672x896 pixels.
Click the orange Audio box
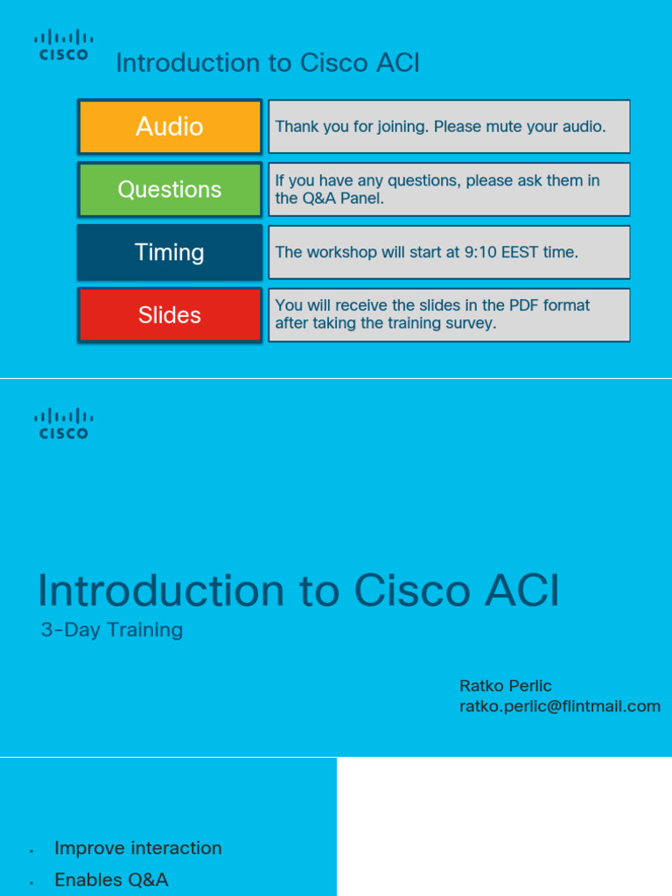[170, 127]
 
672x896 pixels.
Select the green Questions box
[170, 190]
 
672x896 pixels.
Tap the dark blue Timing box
[170, 253]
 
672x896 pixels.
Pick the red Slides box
[170, 315]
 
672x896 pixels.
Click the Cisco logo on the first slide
[64, 45]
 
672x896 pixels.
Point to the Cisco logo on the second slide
[64, 423]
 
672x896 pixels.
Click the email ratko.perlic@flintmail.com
[560, 706]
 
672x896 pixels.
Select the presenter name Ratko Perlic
[506, 685]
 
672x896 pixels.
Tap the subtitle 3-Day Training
[112, 630]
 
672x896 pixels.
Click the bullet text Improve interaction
[138, 848]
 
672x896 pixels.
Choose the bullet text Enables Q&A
[111, 879]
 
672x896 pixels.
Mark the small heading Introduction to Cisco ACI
[268, 63]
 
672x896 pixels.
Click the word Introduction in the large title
[161, 591]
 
